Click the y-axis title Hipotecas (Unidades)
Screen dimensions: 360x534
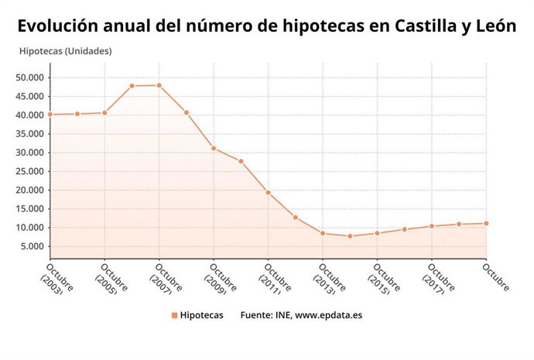point(65,51)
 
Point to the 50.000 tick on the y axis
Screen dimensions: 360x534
point(30,77)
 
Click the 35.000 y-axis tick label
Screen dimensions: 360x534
point(30,134)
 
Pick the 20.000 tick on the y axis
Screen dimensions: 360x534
point(30,190)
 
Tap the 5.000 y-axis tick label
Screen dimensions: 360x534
point(33,247)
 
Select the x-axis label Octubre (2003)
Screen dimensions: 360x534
point(58,279)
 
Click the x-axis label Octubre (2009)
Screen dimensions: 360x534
point(221,279)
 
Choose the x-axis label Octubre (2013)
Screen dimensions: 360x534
point(330,279)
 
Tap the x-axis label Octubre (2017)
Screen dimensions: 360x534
point(440,279)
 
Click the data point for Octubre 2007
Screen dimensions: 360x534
point(159,85)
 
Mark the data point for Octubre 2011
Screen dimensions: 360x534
point(268,192)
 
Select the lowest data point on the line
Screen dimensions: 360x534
point(350,236)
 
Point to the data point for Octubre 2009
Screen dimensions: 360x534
point(214,148)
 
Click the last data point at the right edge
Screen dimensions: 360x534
point(486,223)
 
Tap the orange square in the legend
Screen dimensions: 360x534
point(174,315)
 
